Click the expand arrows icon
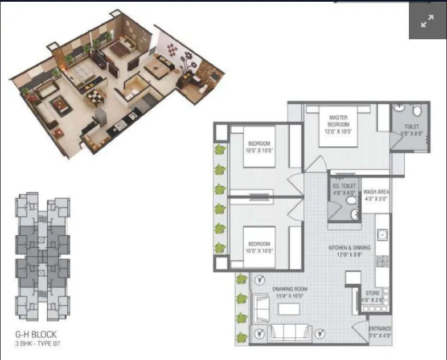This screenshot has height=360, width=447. point(427,22)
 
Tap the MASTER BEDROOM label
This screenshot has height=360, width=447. point(338,121)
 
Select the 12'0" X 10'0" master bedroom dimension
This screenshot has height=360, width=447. point(338,131)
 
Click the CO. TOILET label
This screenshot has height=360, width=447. point(345,186)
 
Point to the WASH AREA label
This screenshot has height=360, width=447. point(375,193)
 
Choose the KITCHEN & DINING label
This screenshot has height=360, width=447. point(349,248)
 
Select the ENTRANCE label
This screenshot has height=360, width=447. point(380,329)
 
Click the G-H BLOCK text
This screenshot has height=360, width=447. point(36,334)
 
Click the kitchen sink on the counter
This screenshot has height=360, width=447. point(383,234)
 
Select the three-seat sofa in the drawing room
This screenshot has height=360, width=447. point(289,332)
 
